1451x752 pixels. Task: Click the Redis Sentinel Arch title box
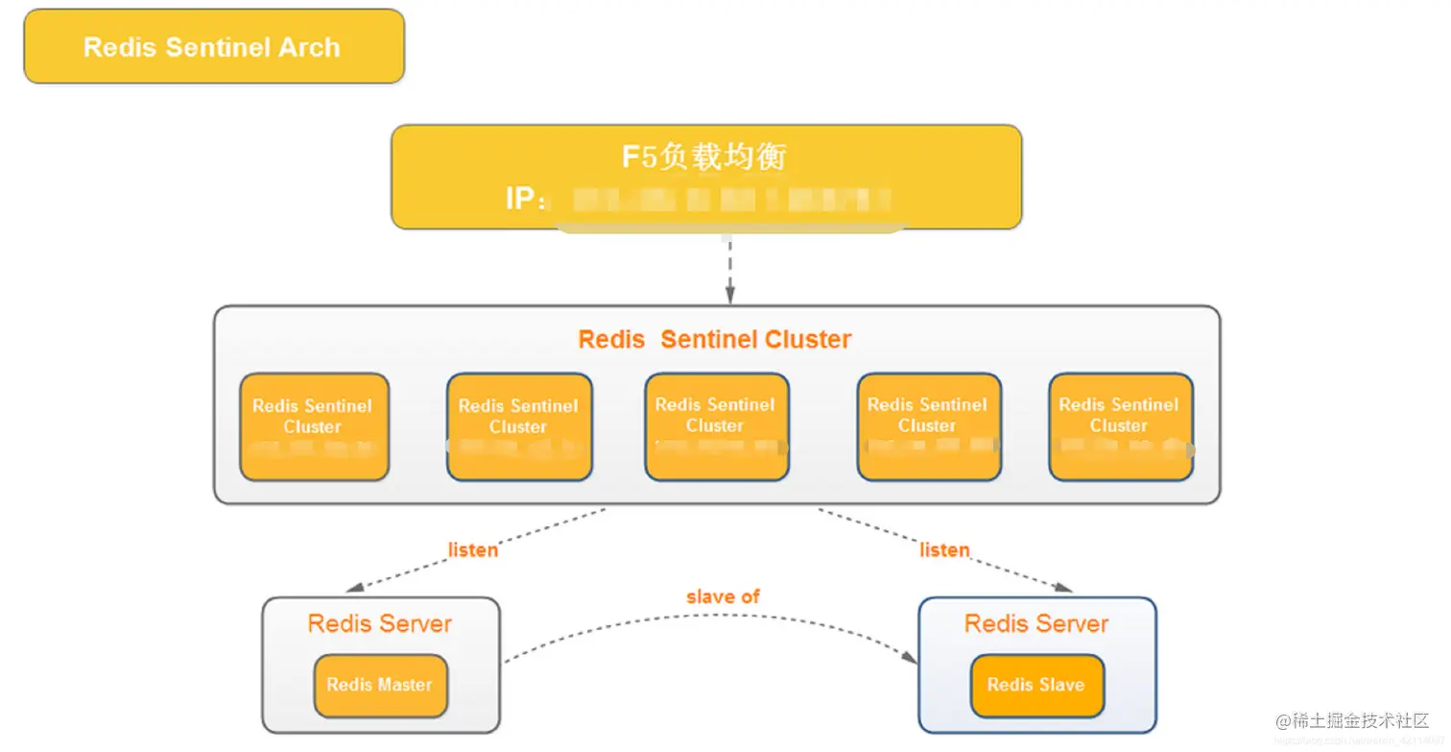(x=213, y=47)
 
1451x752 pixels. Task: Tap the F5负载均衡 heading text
(x=704, y=156)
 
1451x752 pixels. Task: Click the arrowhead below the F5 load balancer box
(x=729, y=292)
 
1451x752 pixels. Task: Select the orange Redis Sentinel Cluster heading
(x=715, y=339)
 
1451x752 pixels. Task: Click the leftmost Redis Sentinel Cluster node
(x=314, y=426)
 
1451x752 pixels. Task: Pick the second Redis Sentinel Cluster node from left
(x=519, y=426)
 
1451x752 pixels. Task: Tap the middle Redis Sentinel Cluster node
(x=716, y=426)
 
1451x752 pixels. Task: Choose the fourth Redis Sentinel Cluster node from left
(x=928, y=426)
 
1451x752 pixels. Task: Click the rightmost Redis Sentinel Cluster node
(x=1120, y=426)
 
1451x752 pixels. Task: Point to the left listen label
(x=473, y=550)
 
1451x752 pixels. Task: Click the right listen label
(x=944, y=549)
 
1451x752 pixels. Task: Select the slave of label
(x=723, y=596)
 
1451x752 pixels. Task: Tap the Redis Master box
(x=380, y=686)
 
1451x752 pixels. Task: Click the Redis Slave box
(x=1036, y=686)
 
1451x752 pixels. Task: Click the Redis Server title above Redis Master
(x=380, y=623)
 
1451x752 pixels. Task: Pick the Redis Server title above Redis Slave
(x=1036, y=623)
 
